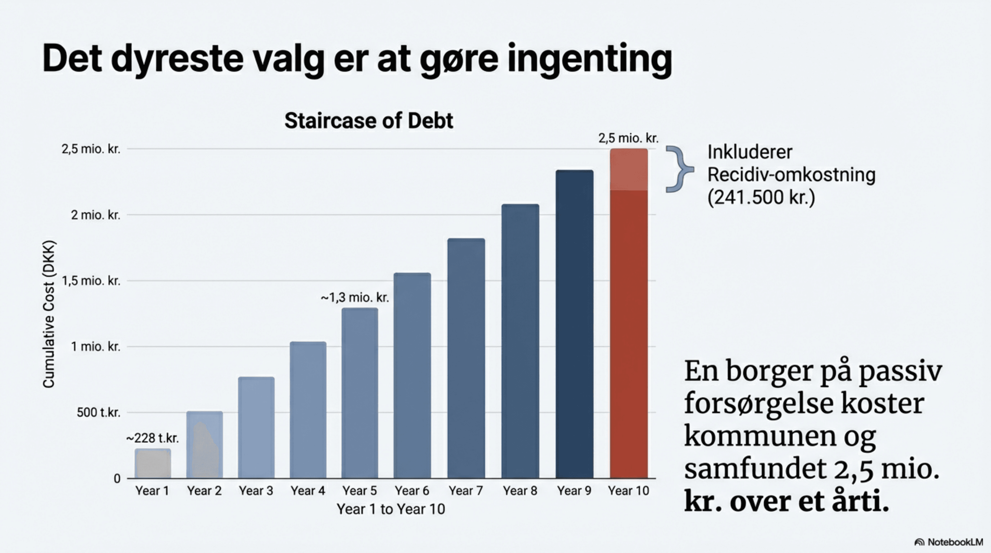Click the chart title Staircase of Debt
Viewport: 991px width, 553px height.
click(x=369, y=121)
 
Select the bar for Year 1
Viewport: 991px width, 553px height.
click(x=153, y=463)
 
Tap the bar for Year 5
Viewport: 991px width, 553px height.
click(x=360, y=392)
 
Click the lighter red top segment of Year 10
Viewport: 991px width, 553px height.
click(x=629, y=169)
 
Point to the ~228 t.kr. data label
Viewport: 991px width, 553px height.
click(x=153, y=438)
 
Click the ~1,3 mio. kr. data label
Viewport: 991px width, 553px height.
click(x=355, y=297)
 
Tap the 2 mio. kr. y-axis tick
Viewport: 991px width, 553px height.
click(x=95, y=215)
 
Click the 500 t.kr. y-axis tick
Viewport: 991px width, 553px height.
click(x=99, y=413)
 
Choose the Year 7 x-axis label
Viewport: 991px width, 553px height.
click(x=466, y=491)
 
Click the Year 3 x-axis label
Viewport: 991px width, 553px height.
click(x=256, y=491)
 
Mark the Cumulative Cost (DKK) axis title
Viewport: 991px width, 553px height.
click(x=49, y=314)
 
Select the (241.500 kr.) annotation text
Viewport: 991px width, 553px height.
click(x=761, y=197)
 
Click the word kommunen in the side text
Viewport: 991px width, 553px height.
click(x=760, y=436)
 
